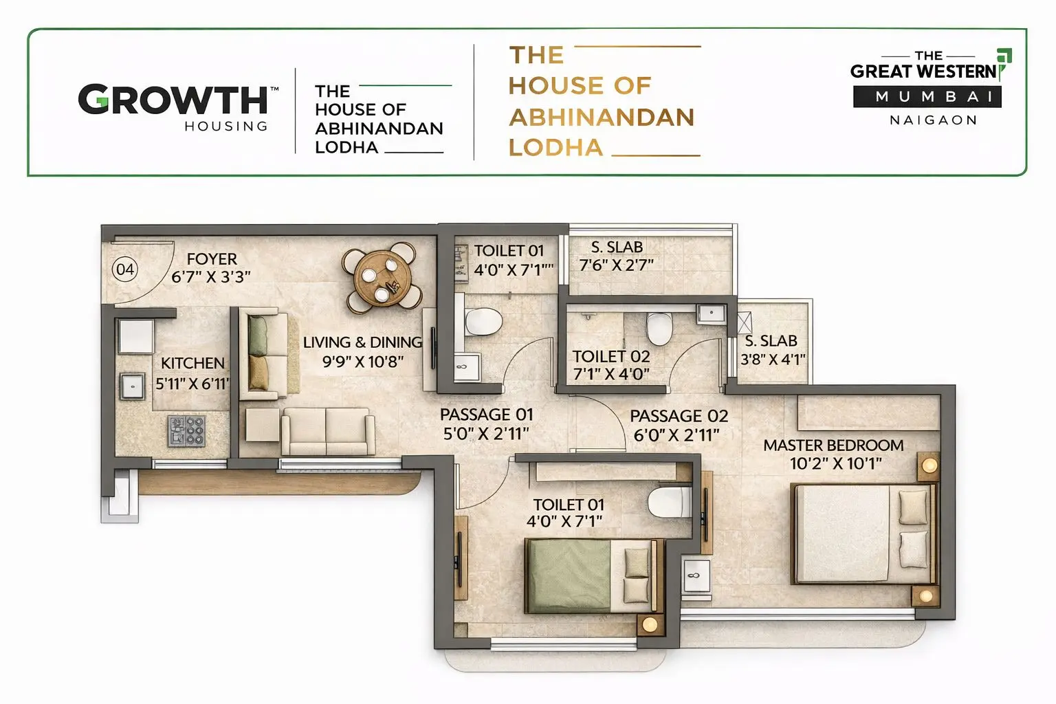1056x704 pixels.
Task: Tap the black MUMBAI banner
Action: click(927, 97)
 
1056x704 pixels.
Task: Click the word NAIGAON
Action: click(933, 120)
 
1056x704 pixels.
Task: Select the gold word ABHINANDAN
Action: click(602, 117)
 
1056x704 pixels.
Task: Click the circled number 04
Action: click(124, 269)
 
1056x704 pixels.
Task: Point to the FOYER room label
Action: click(212, 259)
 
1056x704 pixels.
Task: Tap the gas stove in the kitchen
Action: click(186, 431)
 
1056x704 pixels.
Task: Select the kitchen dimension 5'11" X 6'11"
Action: click(192, 384)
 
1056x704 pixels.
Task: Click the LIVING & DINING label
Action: click(362, 342)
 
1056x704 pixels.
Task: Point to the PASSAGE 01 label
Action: click(486, 415)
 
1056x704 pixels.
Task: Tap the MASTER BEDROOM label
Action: click(833, 445)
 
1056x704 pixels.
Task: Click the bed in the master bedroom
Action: click(863, 533)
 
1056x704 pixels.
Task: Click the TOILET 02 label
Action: click(611, 356)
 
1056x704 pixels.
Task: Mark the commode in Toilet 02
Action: click(659, 328)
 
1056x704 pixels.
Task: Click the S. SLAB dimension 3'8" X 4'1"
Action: click(772, 359)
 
